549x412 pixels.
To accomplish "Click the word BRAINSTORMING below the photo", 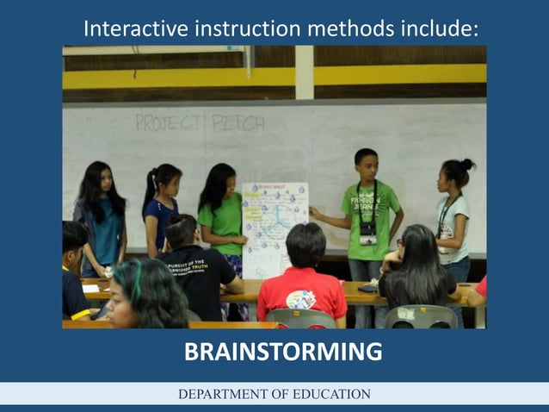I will pos(283,353).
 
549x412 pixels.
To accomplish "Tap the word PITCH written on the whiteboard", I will pos(238,122).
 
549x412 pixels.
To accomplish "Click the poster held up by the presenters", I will pos(274,226).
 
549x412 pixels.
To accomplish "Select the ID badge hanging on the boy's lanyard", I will pos(368,232).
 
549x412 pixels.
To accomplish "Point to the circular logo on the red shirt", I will pos(300,299).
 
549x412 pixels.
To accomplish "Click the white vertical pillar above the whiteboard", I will pos(304,72).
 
